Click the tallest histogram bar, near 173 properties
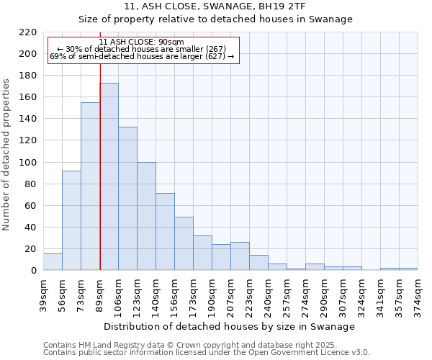(109, 176)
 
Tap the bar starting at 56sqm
(71, 220)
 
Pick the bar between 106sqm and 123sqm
(127, 198)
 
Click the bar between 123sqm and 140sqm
(146, 216)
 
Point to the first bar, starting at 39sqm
(53, 262)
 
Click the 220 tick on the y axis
(27, 32)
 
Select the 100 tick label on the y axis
(27, 163)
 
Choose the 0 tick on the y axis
(33, 271)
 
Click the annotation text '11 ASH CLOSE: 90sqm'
(142, 42)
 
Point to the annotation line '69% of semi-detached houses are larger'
(142, 56)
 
